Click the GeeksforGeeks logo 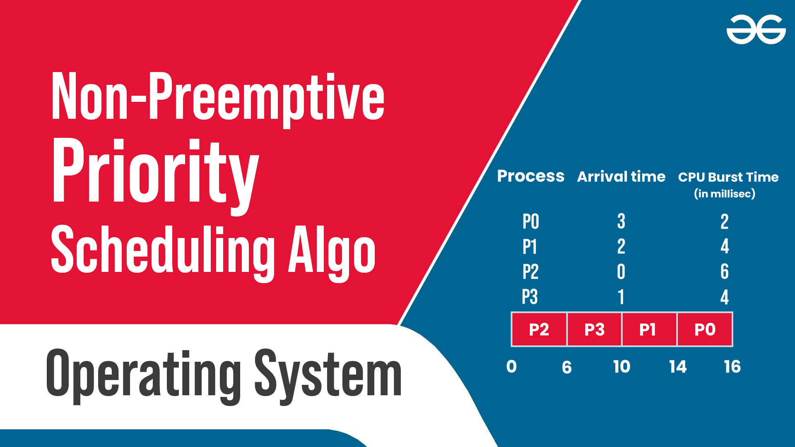[756, 29]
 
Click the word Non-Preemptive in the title [218, 99]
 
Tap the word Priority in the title [155, 176]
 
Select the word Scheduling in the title [163, 252]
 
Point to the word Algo [332, 253]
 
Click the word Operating [143, 375]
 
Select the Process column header [530, 176]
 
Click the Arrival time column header [621, 177]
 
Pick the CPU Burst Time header [728, 177]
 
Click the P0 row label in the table [530, 221]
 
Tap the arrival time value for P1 [621, 246]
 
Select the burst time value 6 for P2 [724, 272]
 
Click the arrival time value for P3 [621, 297]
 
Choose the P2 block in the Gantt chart [539, 329]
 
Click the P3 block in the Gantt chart [594, 329]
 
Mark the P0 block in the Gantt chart [705, 329]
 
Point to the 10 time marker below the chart [622, 367]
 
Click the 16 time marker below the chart [732, 367]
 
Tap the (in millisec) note [725, 194]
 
